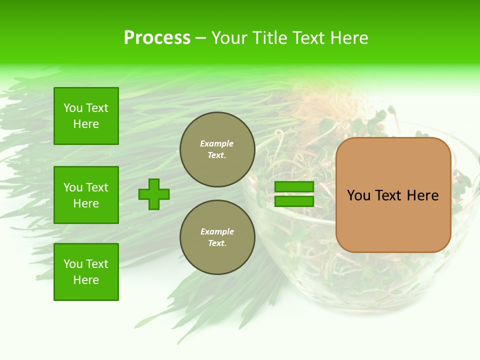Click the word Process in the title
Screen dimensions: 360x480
(x=157, y=38)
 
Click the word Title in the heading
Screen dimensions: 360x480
(x=269, y=38)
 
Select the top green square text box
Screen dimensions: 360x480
(x=86, y=116)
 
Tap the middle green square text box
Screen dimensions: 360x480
(x=86, y=195)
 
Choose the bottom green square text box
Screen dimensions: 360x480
(x=86, y=272)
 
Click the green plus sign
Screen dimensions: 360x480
(x=154, y=194)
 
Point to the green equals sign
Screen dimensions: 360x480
(x=294, y=194)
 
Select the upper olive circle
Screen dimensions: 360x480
(x=217, y=149)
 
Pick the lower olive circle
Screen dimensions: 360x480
(x=217, y=237)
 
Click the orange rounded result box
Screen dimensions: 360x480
(x=393, y=194)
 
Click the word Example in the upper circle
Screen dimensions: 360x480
(x=217, y=144)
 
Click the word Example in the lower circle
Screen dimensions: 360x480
(x=217, y=232)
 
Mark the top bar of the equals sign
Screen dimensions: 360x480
(x=294, y=186)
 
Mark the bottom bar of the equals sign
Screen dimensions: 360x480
(x=294, y=201)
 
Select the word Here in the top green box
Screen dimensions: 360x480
(x=86, y=124)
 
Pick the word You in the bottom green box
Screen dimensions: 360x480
(x=72, y=264)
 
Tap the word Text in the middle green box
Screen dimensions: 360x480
(x=97, y=187)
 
